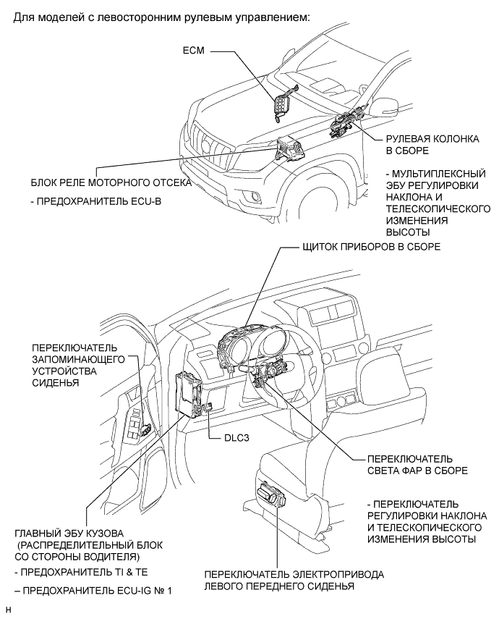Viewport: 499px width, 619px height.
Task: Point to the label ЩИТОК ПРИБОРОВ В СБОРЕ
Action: coord(370,247)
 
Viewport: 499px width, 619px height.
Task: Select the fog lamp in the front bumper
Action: coord(255,196)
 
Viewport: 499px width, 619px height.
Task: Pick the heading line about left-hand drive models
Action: coord(162,17)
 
